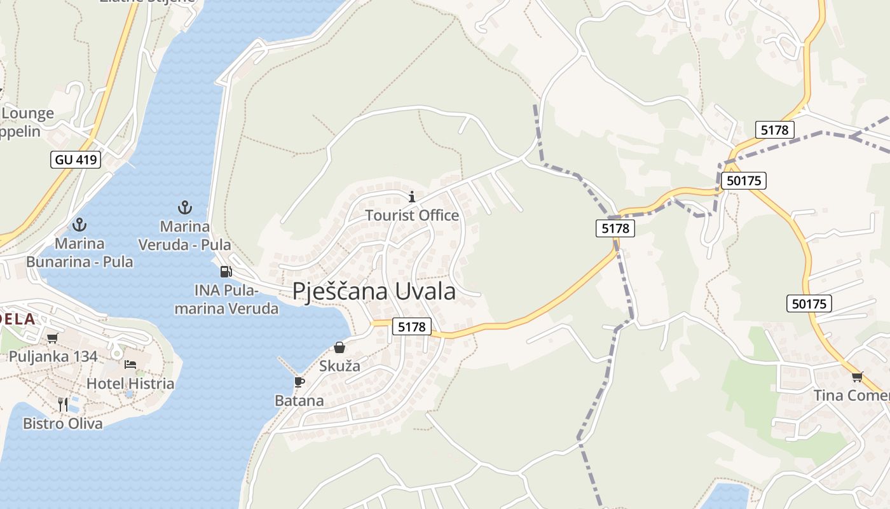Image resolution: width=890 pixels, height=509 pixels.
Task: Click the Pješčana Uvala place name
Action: pos(374,291)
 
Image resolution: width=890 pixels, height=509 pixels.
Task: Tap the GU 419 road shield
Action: pos(76,159)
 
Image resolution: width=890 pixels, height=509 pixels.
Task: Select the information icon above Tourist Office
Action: pos(411,197)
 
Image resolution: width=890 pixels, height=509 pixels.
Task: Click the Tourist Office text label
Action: pos(412,216)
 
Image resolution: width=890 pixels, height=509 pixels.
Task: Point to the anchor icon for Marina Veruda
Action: pos(184,207)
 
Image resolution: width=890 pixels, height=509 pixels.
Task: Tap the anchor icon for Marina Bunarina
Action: pos(79,225)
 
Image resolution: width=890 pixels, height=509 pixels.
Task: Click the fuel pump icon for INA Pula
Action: pos(226,272)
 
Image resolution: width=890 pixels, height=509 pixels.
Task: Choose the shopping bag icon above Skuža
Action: pos(339,347)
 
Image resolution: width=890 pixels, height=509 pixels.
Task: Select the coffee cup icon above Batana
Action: pos(299,382)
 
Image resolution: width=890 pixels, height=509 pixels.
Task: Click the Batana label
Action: pos(299,401)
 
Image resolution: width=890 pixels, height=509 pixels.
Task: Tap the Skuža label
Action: pos(339,366)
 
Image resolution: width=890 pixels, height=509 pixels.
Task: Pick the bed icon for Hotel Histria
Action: pos(130,365)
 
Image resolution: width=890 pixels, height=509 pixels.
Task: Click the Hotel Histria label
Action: pos(130,384)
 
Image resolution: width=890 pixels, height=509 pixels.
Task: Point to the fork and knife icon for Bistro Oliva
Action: pos(63,404)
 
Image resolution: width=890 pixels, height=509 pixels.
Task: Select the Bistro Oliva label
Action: pos(63,423)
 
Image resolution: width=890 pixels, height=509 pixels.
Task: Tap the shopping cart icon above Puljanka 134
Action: pos(53,338)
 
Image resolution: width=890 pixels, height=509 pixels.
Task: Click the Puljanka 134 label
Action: pos(53,356)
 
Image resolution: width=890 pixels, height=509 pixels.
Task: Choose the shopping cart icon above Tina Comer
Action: pos(858,377)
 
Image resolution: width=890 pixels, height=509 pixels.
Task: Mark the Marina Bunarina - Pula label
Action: pos(79,253)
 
